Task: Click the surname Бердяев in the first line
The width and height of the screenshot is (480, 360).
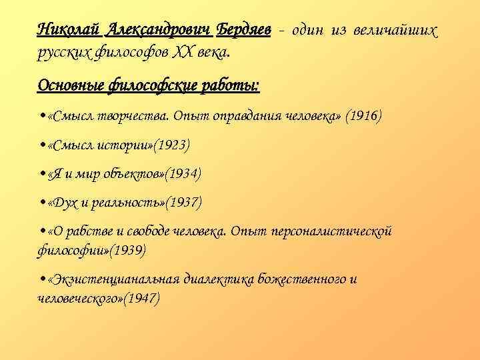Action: (243, 30)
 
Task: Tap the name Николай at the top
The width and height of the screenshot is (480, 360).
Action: (67, 30)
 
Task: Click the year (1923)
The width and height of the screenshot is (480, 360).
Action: (171, 145)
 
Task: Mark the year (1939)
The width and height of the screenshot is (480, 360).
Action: (127, 251)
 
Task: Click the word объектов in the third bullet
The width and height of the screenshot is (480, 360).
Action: (128, 173)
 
